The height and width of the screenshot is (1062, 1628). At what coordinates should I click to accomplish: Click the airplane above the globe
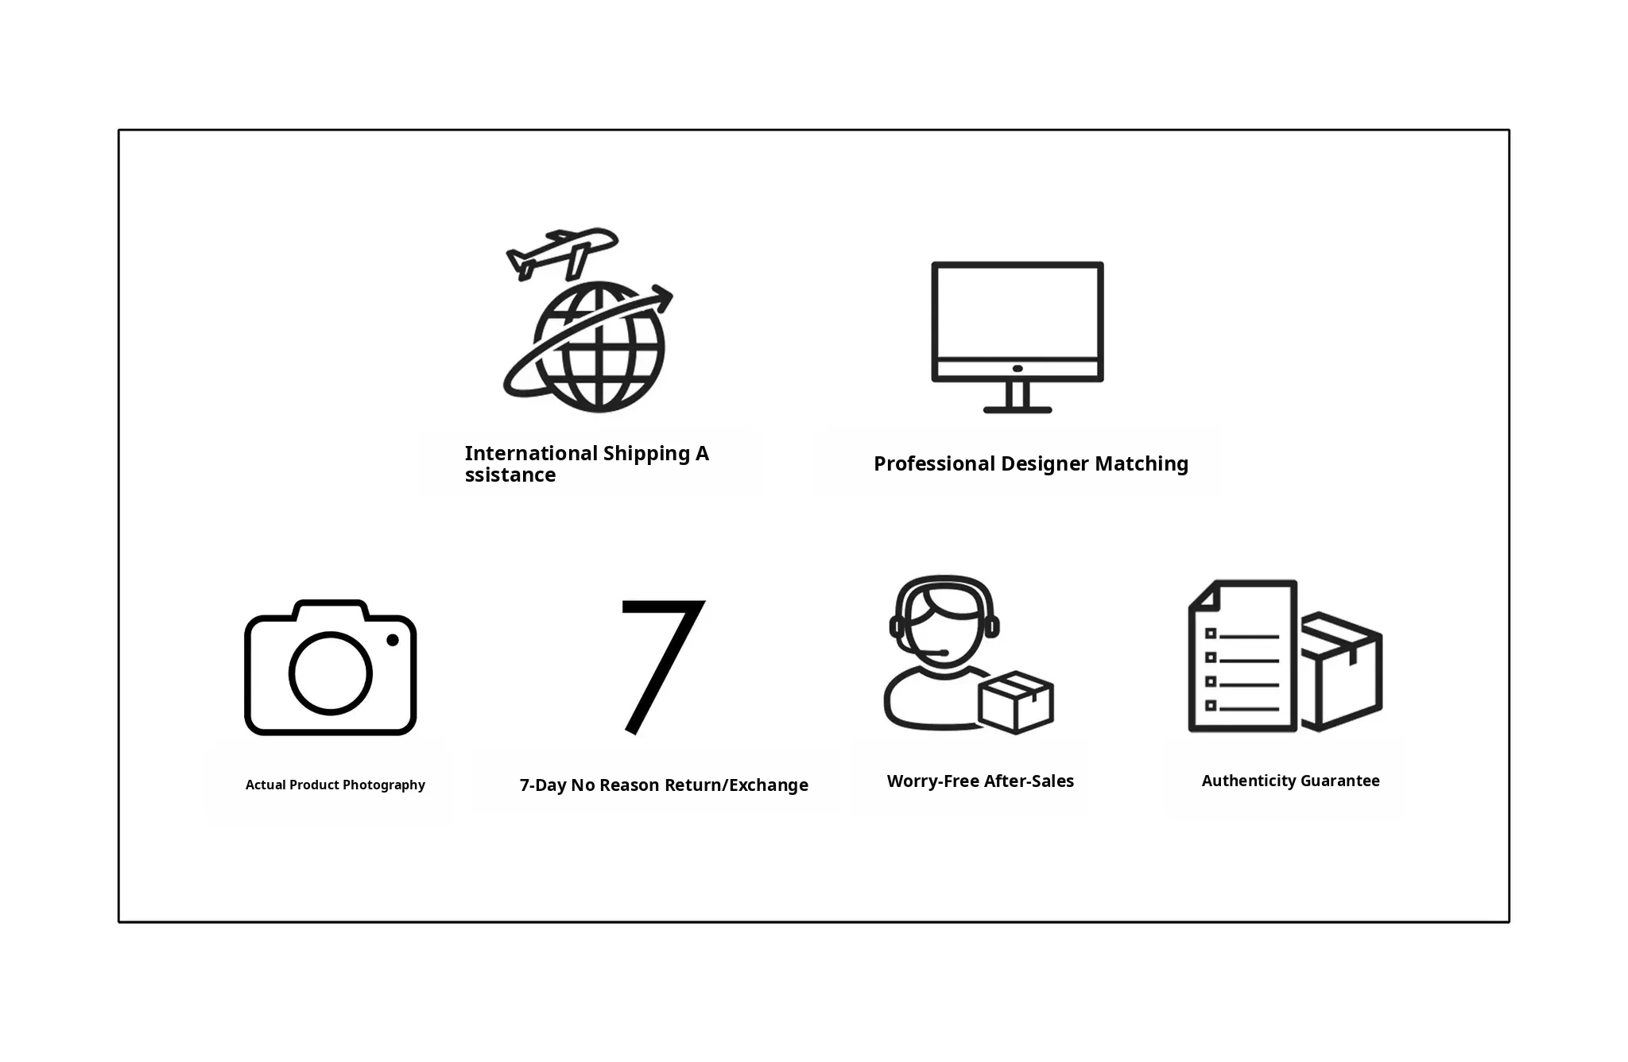(561, 254)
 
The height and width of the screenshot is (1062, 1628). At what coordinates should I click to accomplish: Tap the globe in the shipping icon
(599, 347)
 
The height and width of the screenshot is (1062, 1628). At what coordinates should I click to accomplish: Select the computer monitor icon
(1017, 337)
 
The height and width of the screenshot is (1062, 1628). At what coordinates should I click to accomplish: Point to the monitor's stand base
(1017, 409)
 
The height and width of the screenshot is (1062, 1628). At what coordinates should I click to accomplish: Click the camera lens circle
(330, 673)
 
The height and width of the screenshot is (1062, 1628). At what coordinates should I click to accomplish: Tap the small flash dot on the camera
(393, 640)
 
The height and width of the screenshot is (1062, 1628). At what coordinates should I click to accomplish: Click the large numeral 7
(661, 666)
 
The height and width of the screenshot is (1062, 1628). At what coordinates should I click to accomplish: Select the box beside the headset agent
(1016, 703)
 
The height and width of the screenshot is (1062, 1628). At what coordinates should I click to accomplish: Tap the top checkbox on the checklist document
(1211, 634)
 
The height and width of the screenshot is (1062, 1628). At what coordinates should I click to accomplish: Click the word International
(531, 453)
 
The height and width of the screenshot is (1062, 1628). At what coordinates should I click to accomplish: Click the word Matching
(1142, 464)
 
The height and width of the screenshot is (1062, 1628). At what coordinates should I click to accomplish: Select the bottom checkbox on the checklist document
(1211, 705)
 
